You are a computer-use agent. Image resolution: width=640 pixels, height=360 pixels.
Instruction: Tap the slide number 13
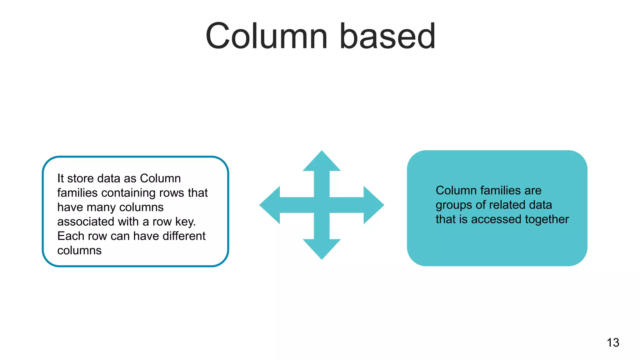tap(613, 342)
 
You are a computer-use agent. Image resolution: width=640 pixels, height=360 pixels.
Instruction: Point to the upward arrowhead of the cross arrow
tap(322, 162)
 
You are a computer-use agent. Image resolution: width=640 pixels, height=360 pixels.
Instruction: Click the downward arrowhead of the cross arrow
tap(322, 248)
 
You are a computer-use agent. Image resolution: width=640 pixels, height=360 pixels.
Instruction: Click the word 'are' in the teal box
tap(533, 190)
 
